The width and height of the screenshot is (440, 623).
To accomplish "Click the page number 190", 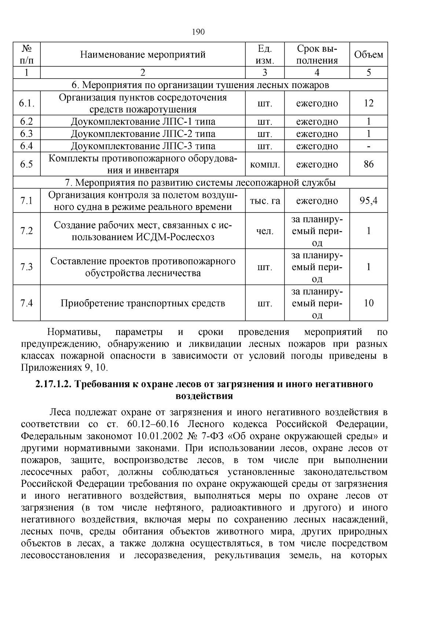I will [198, 32].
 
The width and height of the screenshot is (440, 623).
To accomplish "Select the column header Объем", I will [368, 55].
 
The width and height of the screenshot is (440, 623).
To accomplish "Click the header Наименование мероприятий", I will [143, 55].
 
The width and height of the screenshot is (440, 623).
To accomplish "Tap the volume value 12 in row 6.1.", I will [368, 103].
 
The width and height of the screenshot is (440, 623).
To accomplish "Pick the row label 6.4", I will [26, 146].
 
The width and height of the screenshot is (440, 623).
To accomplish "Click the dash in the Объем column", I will [368, 146].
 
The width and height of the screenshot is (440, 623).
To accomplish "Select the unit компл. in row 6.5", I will [265, 164].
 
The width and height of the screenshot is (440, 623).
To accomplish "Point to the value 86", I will [368, 164].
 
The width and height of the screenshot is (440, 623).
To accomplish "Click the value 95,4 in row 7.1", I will [368, 201].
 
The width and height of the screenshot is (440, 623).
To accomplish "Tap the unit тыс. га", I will [265, 201].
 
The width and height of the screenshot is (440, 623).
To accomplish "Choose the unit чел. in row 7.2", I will [265, 231].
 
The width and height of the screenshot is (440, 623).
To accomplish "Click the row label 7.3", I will [26, 267].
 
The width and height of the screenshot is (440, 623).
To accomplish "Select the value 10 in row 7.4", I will [368, 303].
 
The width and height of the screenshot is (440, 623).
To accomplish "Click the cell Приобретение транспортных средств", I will [143, 303].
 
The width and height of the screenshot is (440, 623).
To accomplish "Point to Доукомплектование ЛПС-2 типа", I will [143, 134].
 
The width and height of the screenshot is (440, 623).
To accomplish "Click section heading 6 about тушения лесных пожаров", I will [200, 85].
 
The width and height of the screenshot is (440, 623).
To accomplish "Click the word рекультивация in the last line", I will [248, 555].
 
